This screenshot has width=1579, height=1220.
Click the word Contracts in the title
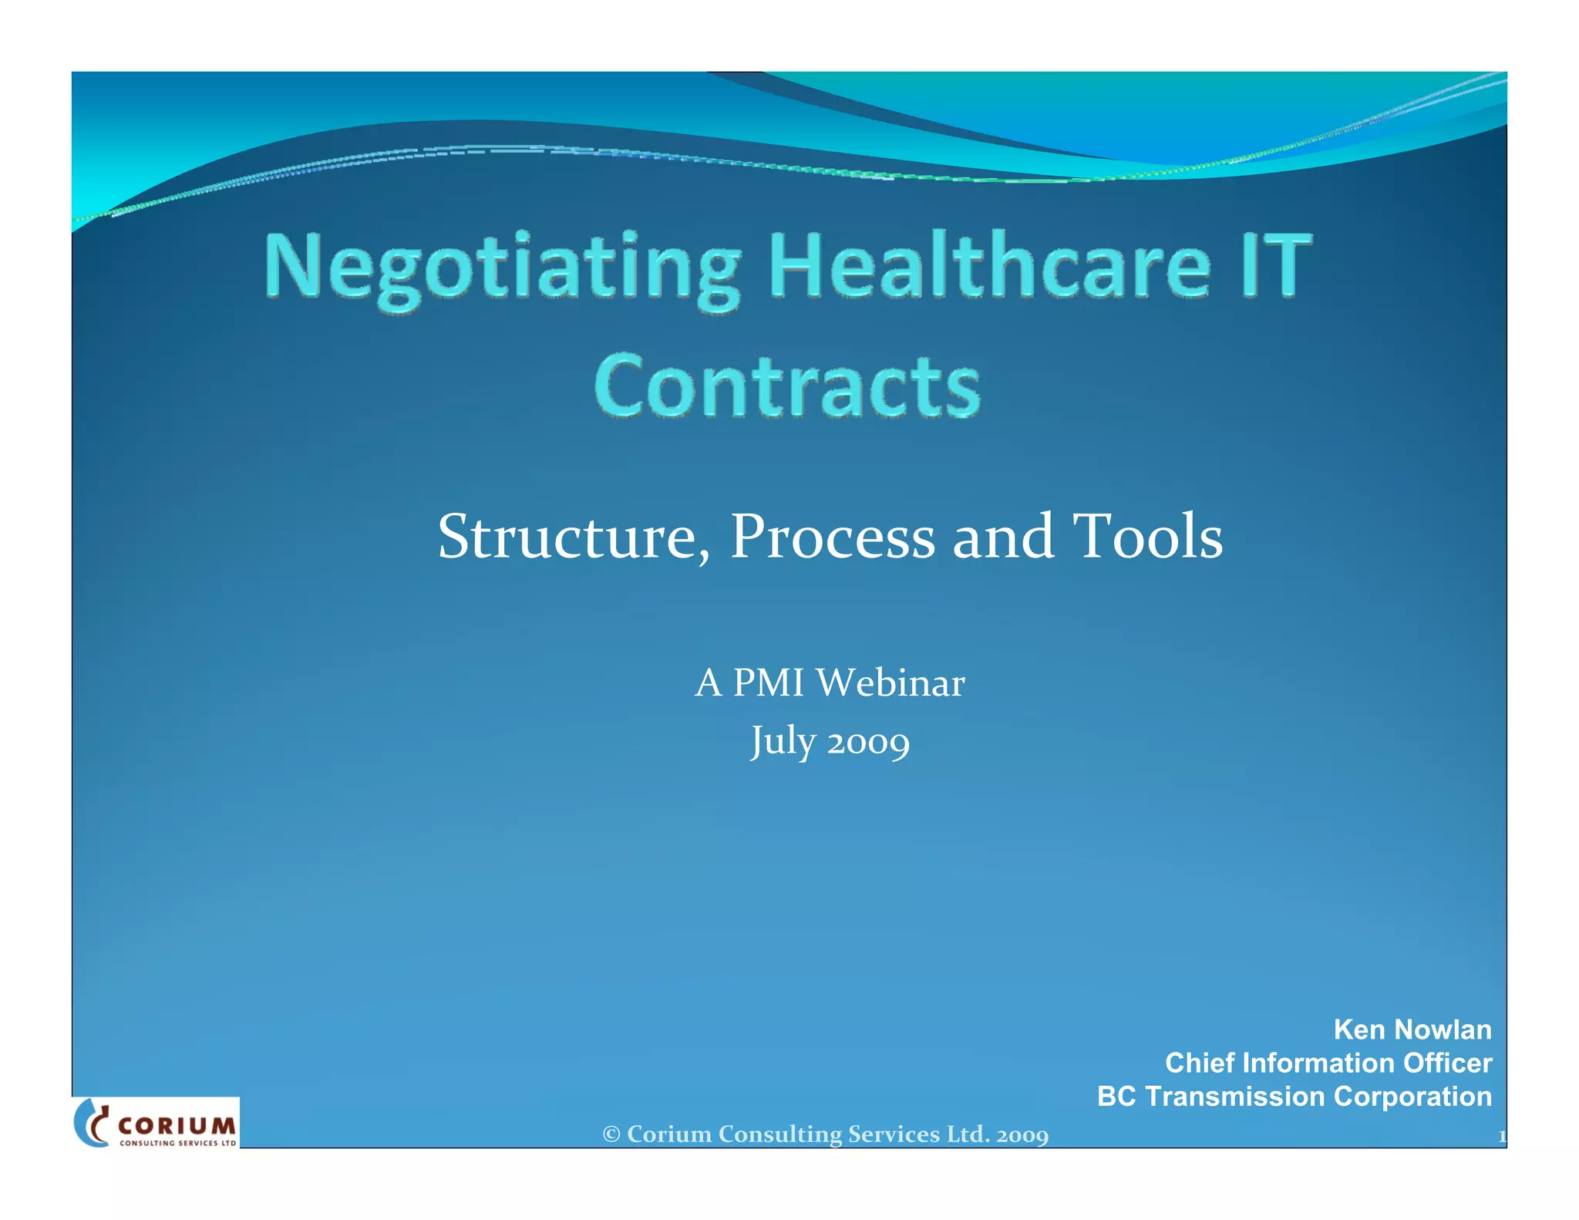pos(787,386)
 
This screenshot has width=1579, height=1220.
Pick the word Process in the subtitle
pos(833,537)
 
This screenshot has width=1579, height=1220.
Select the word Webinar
pos(891,682)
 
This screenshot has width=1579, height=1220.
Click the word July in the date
pos(783,741)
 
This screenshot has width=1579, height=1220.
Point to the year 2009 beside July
pos(868,743)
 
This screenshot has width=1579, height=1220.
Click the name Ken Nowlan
pos(1412,1030)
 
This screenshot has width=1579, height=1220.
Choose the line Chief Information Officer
pos(1328,1063)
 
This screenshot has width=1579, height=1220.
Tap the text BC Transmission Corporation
pos(1294,1096)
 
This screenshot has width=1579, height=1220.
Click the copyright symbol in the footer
pos(611,1134)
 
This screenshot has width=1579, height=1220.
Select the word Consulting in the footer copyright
pos(779,1134)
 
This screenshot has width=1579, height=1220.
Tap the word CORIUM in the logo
pos(177,1126)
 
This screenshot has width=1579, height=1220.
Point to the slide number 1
pos(1501,1136)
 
